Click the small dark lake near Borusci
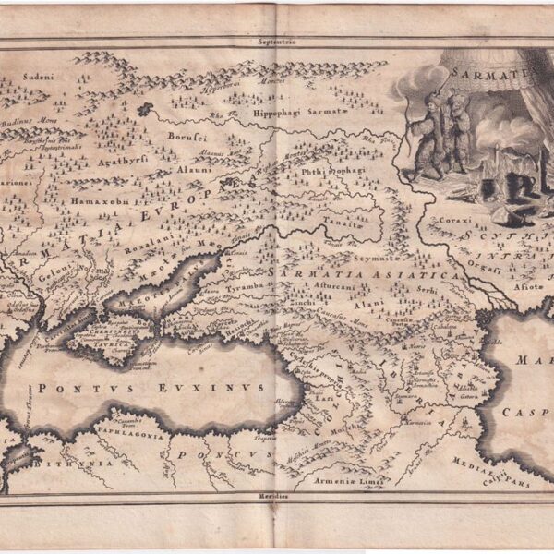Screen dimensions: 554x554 143,109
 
